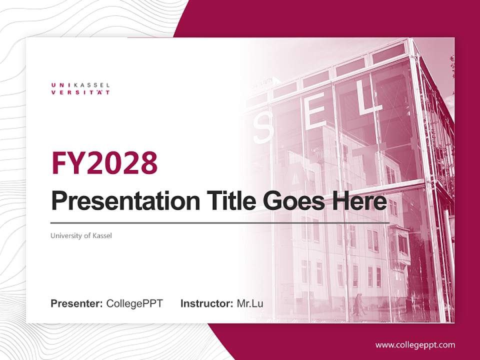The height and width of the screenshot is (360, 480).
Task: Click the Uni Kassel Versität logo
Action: pyautogui.click(x=80, y=88)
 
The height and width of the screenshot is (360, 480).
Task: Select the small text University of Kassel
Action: pyautogui.click(x=81, y=235)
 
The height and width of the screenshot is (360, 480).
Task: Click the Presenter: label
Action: pyautogui.click(x=77, y=303)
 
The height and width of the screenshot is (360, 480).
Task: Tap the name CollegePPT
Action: pyautogui.click(x=134, y=303)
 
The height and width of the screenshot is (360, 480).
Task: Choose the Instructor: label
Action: pyautogui.click(x=206, y=303)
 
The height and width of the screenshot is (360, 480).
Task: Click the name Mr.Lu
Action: pyautogui.click(x=249, y=303)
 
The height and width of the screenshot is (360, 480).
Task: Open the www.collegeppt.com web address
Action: pyautogui.click(x=415, y=345)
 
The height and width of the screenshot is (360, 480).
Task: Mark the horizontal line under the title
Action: pyautogui.click(x=220, y=222)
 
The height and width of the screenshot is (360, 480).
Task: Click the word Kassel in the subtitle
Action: pyautogui.click(x=102, y=235)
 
